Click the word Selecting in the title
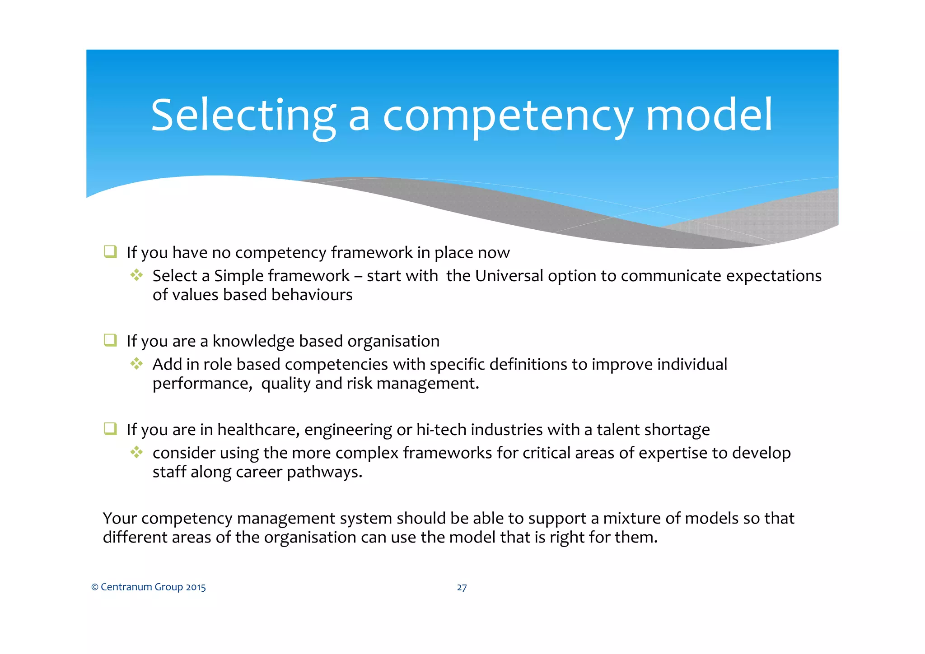coord(243,116)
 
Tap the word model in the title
coord(709,116)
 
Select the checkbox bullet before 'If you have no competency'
coord(110,251)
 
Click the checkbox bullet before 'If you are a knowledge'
coord(110,340)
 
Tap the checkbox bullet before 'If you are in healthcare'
coord(110,428)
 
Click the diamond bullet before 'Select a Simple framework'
coord(136,275)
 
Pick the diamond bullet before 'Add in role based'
coord(136,363)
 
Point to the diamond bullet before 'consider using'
coord(136,452)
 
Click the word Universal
coord(509,276)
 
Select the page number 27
coord(462,587)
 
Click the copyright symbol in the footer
coord(95,587)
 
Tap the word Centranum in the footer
coord(126,587)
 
